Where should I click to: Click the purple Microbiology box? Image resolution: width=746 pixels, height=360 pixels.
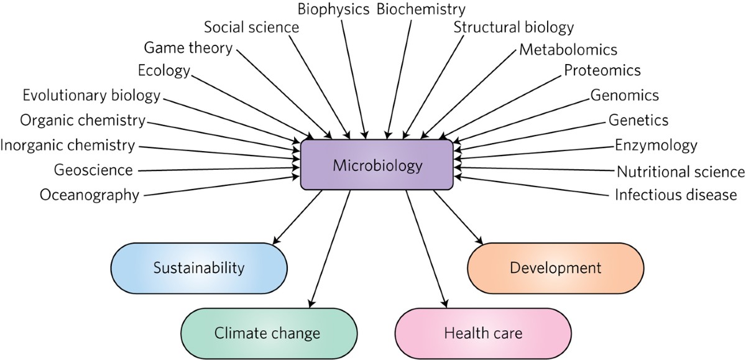click(377, 165)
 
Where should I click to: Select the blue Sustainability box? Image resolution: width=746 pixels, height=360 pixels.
click(199, 269)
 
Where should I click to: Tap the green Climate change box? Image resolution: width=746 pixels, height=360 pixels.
click(268, 333)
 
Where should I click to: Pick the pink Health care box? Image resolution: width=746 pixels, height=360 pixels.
click(483, 333)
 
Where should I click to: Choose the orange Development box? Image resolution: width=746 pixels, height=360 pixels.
click(555, 268)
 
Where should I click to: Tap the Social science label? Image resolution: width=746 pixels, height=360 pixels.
click(251, 27)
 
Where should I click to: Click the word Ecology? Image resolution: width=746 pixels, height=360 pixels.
click(163, 70)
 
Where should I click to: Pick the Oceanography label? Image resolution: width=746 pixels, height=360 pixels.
click(90, 195)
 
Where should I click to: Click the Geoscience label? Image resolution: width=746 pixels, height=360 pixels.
click(93, 170)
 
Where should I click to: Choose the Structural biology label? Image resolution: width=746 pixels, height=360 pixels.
click(513, 27)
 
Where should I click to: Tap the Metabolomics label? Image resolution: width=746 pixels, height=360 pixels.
click(568, 49)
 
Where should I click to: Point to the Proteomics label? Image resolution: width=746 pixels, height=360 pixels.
click(602, 70)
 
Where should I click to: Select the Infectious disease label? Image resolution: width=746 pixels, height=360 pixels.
click(676, 195)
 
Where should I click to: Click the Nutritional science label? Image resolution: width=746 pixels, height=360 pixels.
click(680, 171)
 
